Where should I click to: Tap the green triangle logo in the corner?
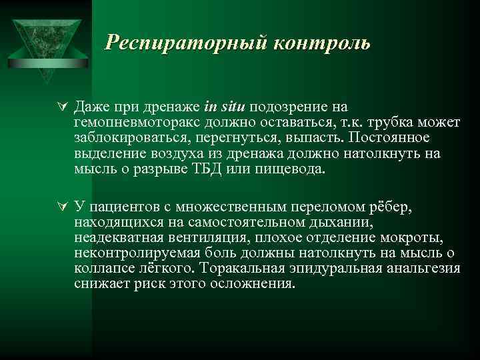point(45,40)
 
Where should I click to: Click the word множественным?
point(227,207)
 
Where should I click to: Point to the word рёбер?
point(395,207)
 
